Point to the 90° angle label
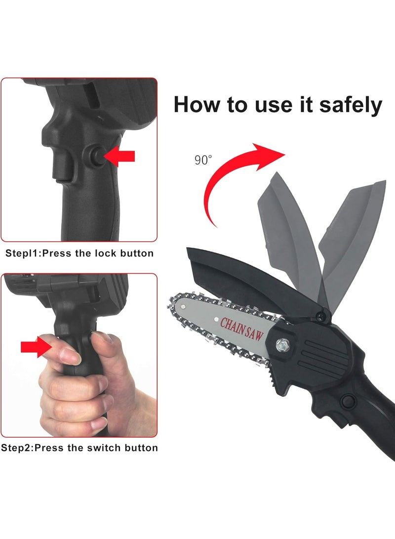(x=203, y=160)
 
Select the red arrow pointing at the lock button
(x=120, y=157)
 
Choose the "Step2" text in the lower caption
(x=16, y=448)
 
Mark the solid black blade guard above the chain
(x=232, y=277)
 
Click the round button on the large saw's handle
(x=351, y=399)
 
